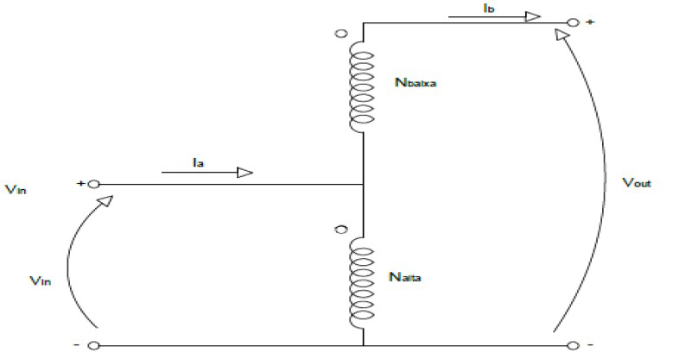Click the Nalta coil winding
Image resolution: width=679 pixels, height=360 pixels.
pos(362,281)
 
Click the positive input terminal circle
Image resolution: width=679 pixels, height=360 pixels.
pos(93,184)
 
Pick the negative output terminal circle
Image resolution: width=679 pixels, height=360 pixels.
pos(574,345)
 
